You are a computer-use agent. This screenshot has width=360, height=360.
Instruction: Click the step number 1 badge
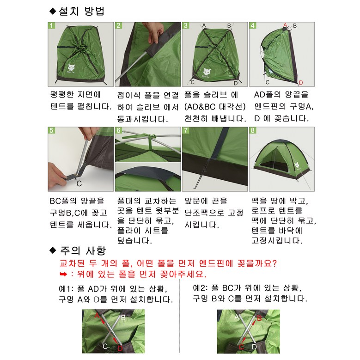[51, 25]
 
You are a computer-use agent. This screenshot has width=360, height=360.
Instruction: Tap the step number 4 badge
[252, 25]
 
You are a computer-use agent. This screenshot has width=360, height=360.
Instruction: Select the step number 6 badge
[118, 130]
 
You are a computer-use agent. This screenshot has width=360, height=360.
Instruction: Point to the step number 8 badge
[252, 130]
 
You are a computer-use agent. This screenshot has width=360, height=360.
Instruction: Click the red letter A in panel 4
[285, 25]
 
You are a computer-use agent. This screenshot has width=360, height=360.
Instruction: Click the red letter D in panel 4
[301, 83]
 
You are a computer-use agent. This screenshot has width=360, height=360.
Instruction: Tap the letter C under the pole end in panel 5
[79, 183]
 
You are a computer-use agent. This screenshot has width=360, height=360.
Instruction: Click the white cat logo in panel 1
[72, 68]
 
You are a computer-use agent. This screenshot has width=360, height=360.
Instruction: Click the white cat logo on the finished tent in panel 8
[297, 165]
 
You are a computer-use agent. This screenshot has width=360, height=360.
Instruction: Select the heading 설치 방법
[82, 11]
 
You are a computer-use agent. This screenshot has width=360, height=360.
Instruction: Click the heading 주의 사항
[83, 250]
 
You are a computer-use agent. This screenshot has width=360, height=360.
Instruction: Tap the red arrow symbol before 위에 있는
[63, 274]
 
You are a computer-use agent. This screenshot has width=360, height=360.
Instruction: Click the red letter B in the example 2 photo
[259, 318]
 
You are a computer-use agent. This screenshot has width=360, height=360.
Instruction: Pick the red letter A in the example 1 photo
[97, 316]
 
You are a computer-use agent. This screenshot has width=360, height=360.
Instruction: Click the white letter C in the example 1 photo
[105, 346]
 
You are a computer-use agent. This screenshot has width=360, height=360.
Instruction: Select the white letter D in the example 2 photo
[254, 347]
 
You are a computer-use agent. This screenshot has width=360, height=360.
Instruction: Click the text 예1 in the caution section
[65, 289]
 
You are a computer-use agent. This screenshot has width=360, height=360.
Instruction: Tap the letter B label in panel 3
[229, 26]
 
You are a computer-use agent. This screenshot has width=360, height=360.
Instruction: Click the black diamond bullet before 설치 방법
[53, 11]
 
